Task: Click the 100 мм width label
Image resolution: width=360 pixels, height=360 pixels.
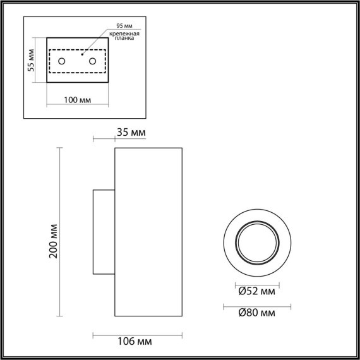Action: click(78, 100)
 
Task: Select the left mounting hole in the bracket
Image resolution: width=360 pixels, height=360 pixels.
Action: click(62, 61)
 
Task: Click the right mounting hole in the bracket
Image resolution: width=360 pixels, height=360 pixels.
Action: click(93, 61)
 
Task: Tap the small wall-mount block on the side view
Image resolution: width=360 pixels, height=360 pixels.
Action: click(104, 232)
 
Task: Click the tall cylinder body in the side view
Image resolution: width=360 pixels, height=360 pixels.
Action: click(148, 232)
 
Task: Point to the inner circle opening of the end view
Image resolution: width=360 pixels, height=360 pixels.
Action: click(256, 243)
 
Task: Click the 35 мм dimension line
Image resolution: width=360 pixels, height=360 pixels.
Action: click(104, 140)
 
